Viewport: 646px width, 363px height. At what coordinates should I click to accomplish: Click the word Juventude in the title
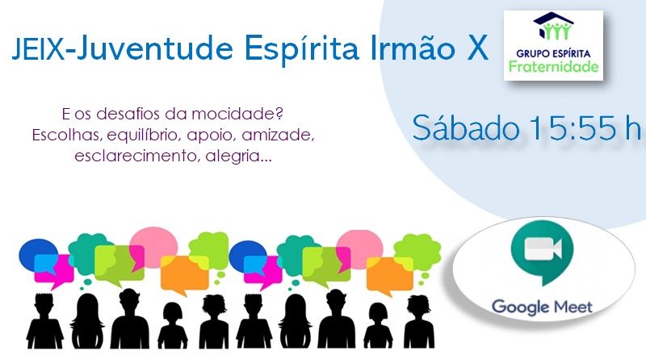coord(155,49)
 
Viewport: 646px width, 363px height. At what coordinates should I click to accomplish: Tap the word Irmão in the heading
coord(413,48)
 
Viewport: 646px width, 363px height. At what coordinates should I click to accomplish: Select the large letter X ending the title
coord(477,48)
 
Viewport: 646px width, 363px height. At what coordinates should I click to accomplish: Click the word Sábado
coord(466,128)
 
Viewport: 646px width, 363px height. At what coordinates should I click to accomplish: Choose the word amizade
coord(278,135)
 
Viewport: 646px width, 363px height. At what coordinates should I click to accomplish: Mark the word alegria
coord(239,156)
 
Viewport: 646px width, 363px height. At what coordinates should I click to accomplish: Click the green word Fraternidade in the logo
coord(553,66)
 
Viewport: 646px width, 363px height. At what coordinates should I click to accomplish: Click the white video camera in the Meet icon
coord(543,248)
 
